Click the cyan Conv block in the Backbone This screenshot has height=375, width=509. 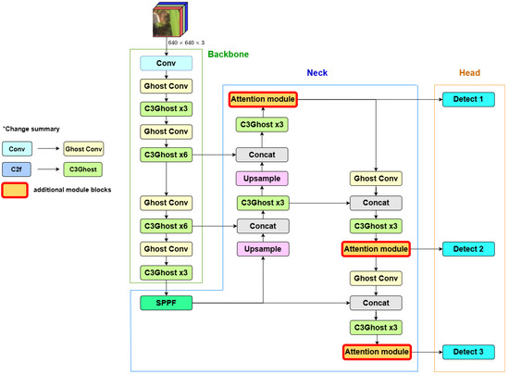(x=167, y=63)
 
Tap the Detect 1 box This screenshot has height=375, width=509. (x=469, y=98)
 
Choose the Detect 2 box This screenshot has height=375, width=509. (x=469, y=249)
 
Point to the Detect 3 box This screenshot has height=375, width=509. (x=469, y=351)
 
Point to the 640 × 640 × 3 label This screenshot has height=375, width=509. (x=191, y=43)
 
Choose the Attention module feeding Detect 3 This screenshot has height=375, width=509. (x=376, y=351)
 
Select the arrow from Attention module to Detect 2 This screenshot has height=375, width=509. (x=424, y=250)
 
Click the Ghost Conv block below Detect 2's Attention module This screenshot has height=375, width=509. (x=376, y=278)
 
